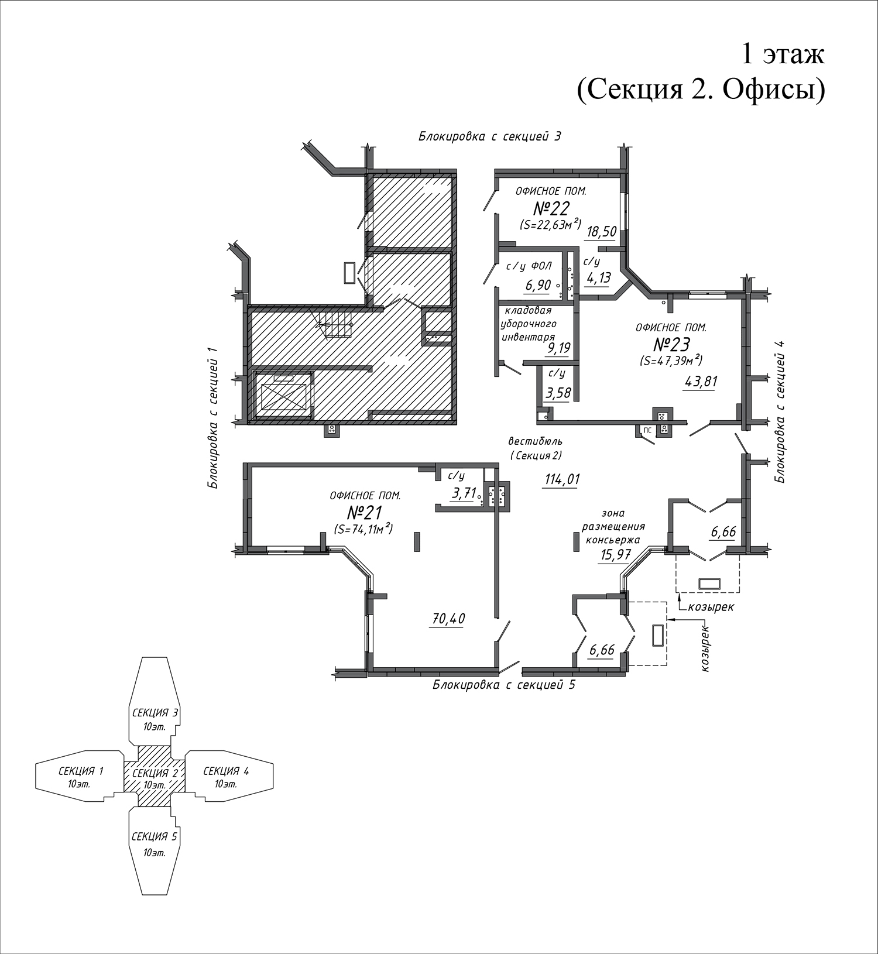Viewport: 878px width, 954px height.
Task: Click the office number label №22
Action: click(x=551, y=208)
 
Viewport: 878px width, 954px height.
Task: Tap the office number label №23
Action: click(x=671, y=344)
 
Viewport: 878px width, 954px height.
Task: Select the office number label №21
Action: click(x=364, y=513)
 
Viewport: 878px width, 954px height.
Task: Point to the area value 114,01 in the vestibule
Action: click(x=562, y=479)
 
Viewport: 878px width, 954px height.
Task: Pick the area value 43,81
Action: click(x=701, y=382)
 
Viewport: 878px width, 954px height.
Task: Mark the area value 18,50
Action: click(x=601, y=231)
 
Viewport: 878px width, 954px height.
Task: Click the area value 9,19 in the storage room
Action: click(x=558, y=349)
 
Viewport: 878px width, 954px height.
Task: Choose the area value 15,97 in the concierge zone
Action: click(x=615, y=554)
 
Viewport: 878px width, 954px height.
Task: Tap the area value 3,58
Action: click(x=558, y=393)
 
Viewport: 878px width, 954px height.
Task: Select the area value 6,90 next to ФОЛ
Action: click(x=539, y=286)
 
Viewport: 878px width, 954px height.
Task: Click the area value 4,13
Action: click(x=598, y=277)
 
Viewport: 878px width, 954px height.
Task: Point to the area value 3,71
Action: click(x=463, y=493)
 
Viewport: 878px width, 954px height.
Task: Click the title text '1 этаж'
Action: click(x=783, y=54)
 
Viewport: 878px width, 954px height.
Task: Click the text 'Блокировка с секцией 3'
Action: click(x=489, y=136)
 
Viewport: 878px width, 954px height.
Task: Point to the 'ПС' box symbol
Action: click(x=647, y=430)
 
